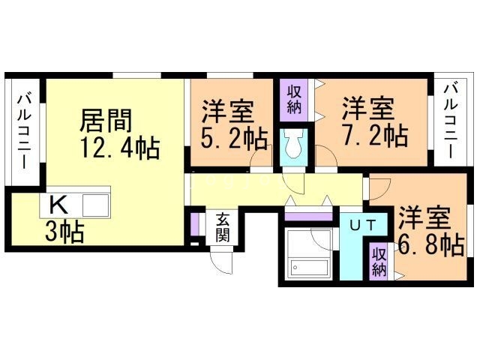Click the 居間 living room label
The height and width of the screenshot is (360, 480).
pyautogui.click(x=107, y=119)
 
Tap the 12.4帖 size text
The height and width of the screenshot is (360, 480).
pyautogui.click(x=120, y=147)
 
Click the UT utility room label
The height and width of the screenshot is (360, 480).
pyautogui.click(x=362, y=223)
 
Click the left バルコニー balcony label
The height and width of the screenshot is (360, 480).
pyautogui.click(x=22, y=130)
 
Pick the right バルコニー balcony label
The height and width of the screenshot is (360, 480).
pyautogui.click(x=450, y=120)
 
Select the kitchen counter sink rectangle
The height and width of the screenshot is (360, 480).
pyautogui.click(x=96, y=204)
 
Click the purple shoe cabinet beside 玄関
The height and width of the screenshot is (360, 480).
pyautogui.click(x=194, y=226)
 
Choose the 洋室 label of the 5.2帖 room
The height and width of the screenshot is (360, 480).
pyautogui.click(x=226, y=111)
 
